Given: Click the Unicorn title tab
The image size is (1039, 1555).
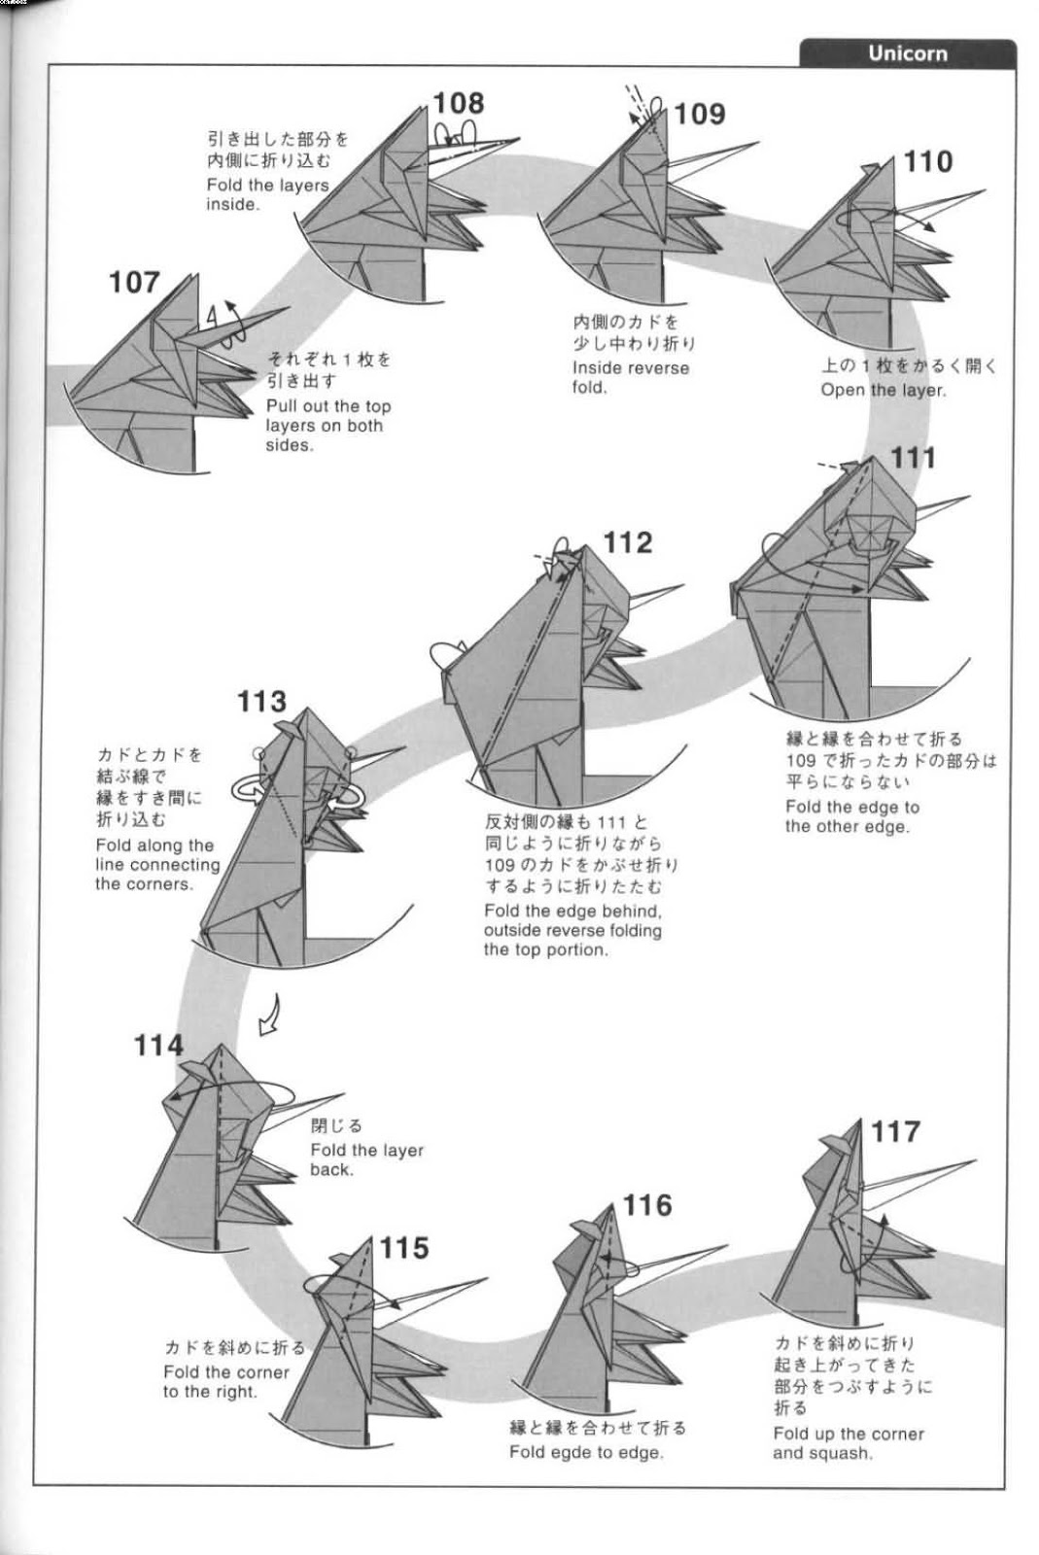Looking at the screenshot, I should coord(907,53).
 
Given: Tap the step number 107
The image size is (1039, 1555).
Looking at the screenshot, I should coord(134,283).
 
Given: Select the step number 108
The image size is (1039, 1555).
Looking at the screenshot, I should coord(458,103).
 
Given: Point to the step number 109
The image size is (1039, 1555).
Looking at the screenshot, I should coord(700,114).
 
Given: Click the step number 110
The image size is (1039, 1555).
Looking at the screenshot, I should coord(928,161).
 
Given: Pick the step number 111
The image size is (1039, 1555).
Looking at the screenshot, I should coord(913,457).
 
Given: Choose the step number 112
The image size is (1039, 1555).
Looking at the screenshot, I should coord(628,542).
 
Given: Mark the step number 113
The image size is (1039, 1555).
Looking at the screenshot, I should coord(261,701).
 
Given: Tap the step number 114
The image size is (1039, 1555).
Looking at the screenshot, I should coord(158,1046).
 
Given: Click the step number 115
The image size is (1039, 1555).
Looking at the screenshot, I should coord(403,1247).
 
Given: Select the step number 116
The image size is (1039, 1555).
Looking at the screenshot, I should coord(647,1205).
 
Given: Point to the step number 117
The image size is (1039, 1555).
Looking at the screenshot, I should coord(895,1131).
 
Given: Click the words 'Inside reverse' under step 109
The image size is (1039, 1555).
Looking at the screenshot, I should coord(630,368).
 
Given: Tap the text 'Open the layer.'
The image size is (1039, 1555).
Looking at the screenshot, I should coord(883,390).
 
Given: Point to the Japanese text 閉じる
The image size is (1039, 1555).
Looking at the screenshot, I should coord(336,1125).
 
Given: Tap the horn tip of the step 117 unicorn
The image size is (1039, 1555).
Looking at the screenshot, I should coord(974,1160).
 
